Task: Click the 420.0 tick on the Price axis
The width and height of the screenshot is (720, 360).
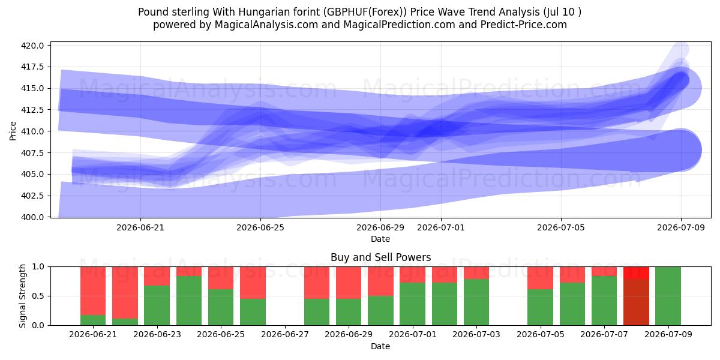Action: click(32, 46)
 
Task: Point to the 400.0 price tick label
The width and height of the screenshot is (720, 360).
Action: click(32, 217)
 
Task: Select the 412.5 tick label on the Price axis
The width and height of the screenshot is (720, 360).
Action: click(32, 110)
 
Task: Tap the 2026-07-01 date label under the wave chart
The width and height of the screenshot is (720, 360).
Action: click(440, 227)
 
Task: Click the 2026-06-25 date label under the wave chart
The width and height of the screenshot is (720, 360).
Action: click(260, 227)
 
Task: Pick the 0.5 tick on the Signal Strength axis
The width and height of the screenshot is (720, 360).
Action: click(38, 296)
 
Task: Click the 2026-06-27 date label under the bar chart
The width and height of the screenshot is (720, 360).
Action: click(285, 334)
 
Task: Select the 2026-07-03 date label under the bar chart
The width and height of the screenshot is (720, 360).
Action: click(476, 334)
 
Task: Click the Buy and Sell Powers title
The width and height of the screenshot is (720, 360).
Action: click(380, 257)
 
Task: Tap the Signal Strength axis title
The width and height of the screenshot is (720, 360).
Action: click(22, 296)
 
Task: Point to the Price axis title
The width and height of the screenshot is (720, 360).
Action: click(13, 131)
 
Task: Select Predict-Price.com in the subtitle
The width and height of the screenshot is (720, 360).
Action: click(524, 25)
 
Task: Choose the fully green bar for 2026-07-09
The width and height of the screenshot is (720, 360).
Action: click(668, 296)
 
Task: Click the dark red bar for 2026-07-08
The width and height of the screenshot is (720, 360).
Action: click(636, 302)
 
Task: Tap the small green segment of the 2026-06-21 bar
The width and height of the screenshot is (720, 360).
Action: click(93, 320)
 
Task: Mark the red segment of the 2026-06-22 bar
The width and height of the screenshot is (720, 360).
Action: click(125, 293)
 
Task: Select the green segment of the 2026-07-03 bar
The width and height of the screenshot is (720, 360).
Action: click(476, 302)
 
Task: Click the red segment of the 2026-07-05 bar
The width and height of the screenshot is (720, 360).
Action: click(540, 278)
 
